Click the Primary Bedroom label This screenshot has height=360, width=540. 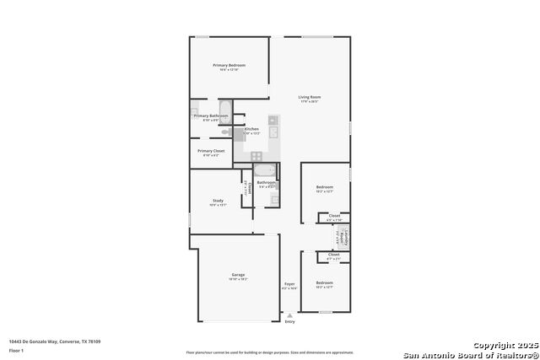(x=229, y=66)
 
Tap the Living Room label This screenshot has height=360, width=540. (x=310, y=98)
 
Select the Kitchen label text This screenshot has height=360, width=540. (x=251, y=129)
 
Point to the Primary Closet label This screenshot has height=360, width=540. (x=211, y=151)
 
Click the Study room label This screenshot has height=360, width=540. (x=218, y=201)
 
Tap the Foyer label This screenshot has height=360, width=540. (x=289, y=284)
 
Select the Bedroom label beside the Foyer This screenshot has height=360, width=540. (x=324, y=283)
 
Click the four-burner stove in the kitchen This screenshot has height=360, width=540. (x=256, y=155)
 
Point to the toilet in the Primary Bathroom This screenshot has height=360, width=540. (x=225, y=132)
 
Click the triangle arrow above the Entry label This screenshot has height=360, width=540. (x=290, y=315)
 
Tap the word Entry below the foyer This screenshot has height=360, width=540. (x=290, y=321)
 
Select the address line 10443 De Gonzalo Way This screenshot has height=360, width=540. (x=55, y=341)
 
